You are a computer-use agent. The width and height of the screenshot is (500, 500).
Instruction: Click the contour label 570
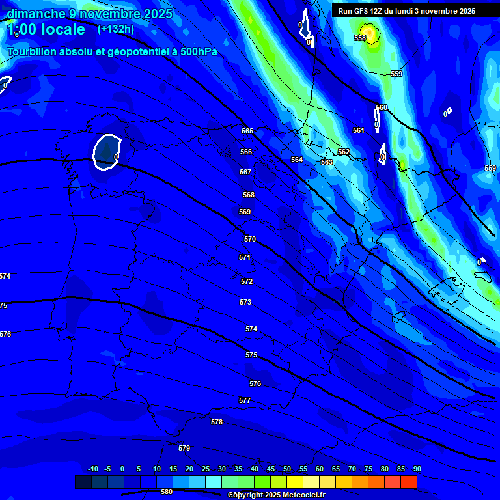tap(250, 239)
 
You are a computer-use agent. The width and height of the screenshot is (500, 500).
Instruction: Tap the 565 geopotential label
tap(247, 131)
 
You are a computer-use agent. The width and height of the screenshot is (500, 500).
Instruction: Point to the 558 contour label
tap(360, 38)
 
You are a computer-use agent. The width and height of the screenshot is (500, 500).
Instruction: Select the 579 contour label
tap(184, 448)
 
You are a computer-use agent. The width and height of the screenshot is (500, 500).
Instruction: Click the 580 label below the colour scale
tap(167, 492)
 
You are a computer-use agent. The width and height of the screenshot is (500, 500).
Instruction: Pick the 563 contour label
tap(327, 162)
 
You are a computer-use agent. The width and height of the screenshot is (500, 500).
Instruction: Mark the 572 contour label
tap(247, 281)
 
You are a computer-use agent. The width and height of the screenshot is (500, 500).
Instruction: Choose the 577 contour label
tap(245, 400)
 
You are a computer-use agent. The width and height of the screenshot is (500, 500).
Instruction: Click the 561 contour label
tap(359, 130)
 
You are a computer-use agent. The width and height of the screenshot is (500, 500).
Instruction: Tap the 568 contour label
tap(249, 195)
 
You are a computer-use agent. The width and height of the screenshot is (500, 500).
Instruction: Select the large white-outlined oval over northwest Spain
tap(107, 152)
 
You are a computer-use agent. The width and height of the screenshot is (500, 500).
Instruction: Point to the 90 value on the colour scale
tap(417, 469)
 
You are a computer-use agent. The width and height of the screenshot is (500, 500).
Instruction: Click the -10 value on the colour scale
tap(93, 469)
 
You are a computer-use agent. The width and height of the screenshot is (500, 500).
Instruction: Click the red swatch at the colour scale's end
tap(408, 482)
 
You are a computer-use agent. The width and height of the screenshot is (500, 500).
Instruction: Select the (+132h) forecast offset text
tap(116, 29)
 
